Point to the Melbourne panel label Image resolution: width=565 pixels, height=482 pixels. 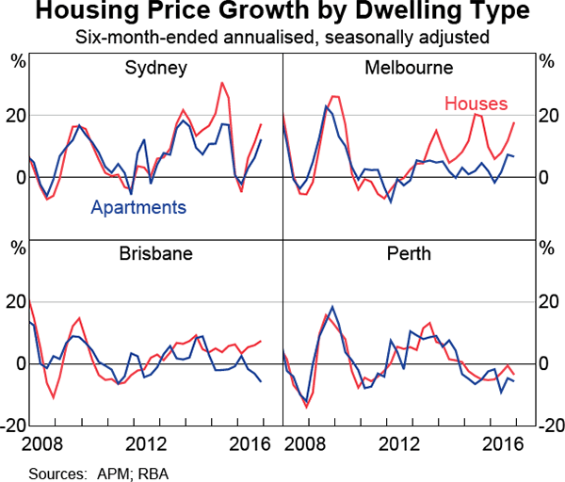pos(410,68)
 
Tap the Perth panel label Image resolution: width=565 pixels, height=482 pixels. pos(410,253)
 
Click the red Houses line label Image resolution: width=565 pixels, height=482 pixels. pos(476,103)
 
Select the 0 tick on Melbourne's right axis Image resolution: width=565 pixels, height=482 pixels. pos(543,178)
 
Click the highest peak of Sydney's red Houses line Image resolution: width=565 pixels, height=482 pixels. pos(222,83)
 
